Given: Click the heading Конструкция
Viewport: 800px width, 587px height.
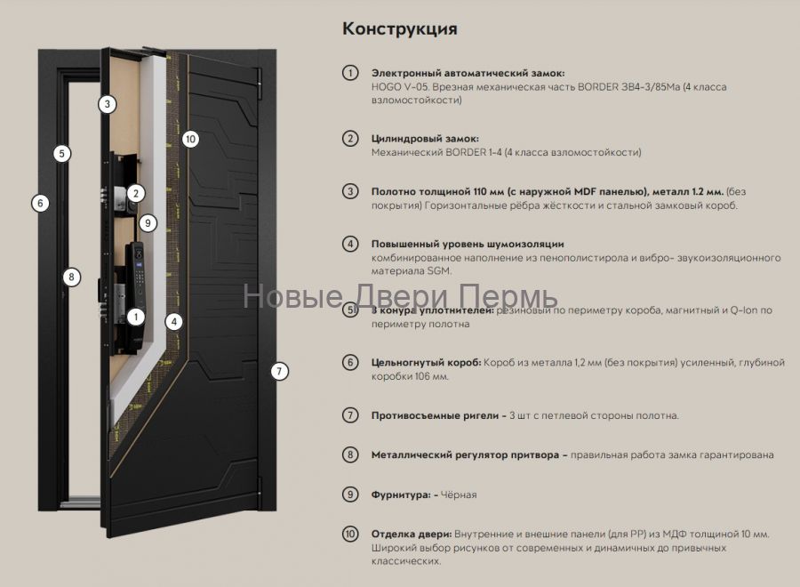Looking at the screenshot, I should tap(400, 29).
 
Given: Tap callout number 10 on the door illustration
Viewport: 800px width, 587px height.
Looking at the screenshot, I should tap(189, 139).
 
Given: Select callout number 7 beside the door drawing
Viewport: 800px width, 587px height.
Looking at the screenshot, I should tap(280, 371).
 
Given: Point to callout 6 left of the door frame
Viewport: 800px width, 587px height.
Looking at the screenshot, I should tap(39, 203).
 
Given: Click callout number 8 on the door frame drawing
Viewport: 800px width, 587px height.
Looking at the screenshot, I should tap(72, 277).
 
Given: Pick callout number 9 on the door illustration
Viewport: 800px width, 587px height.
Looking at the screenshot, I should tap(148, 222).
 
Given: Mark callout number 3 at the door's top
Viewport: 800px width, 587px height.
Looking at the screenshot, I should tap(107, 104).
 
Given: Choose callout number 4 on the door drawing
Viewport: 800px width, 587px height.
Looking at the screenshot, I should tap(175, 321).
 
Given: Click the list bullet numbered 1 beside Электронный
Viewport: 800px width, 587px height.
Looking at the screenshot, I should tap(350, 73).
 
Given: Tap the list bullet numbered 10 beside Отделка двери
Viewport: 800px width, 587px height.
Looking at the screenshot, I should tap(350, 534).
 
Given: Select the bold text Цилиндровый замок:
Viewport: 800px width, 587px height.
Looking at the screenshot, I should tap(425, 139).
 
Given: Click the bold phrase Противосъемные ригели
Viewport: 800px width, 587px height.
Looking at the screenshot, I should tap(435, 415).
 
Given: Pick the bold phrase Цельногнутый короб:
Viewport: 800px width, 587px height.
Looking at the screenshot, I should tap(427, 363).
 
